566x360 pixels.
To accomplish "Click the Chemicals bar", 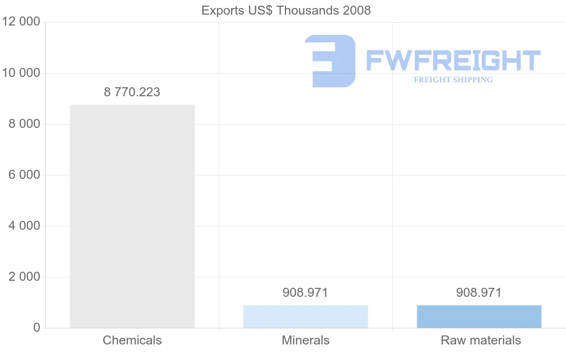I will [132, 216].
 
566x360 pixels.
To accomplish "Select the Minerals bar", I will [306, 317].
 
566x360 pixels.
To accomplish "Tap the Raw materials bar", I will [479, 317].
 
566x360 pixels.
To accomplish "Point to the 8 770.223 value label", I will [132, 92].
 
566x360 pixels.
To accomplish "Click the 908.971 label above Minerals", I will [305, 293].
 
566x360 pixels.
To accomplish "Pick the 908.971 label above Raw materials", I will [479, 293].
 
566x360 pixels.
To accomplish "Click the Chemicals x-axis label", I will [132, 340].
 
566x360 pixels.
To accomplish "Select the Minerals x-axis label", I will [306, 340].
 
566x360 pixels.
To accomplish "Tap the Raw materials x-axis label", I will [481, 340].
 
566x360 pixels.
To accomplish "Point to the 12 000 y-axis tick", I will [21, 22].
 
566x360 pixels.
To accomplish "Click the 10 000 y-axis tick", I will [21, 73].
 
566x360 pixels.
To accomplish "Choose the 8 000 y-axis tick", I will [24, 124].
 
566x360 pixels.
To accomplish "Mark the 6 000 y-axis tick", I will [24, 175].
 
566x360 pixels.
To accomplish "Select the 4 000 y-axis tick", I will [24, 226].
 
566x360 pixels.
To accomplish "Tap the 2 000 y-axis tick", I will [24, 277].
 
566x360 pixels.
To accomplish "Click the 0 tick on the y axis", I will [36, 328].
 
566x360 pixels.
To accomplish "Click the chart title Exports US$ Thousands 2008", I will [286, 10].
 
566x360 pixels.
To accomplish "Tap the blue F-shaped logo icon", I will [330, 61].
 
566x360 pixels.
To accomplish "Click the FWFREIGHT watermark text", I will [453, 60].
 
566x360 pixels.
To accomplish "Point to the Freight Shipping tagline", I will [453, 80].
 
